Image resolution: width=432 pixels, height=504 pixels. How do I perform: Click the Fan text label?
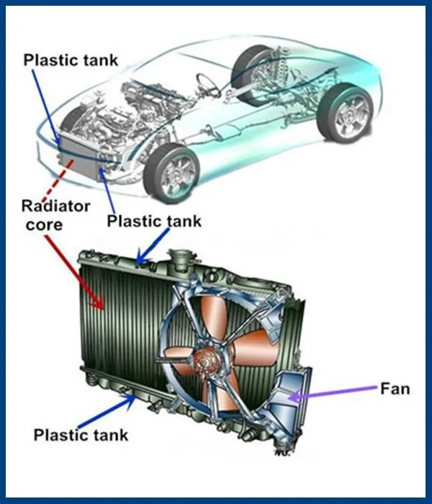[x=395, y=390]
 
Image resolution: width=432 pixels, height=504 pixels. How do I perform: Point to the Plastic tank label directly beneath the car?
[x=153, y=220]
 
